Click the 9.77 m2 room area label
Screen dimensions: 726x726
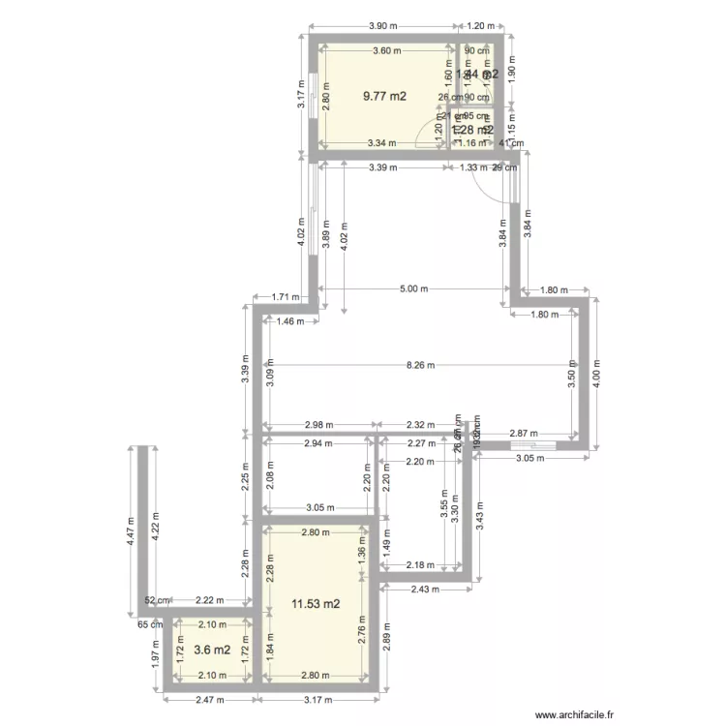pyautogui.click(x=384, y=96)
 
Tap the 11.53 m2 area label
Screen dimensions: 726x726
pyautogui.click(x=316, y=605)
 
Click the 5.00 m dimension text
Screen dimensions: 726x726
pyautogui.click(x=412, y=288)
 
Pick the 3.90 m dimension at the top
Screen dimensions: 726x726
pyautogui.click(x=383, y=26)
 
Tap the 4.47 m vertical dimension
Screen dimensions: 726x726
pyautogui.click(x=130, y=531)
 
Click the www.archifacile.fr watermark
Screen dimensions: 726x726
pyautogui.click(x=570, y=713)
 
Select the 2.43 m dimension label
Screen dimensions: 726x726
pyautogui.click(x=425, y=589)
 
